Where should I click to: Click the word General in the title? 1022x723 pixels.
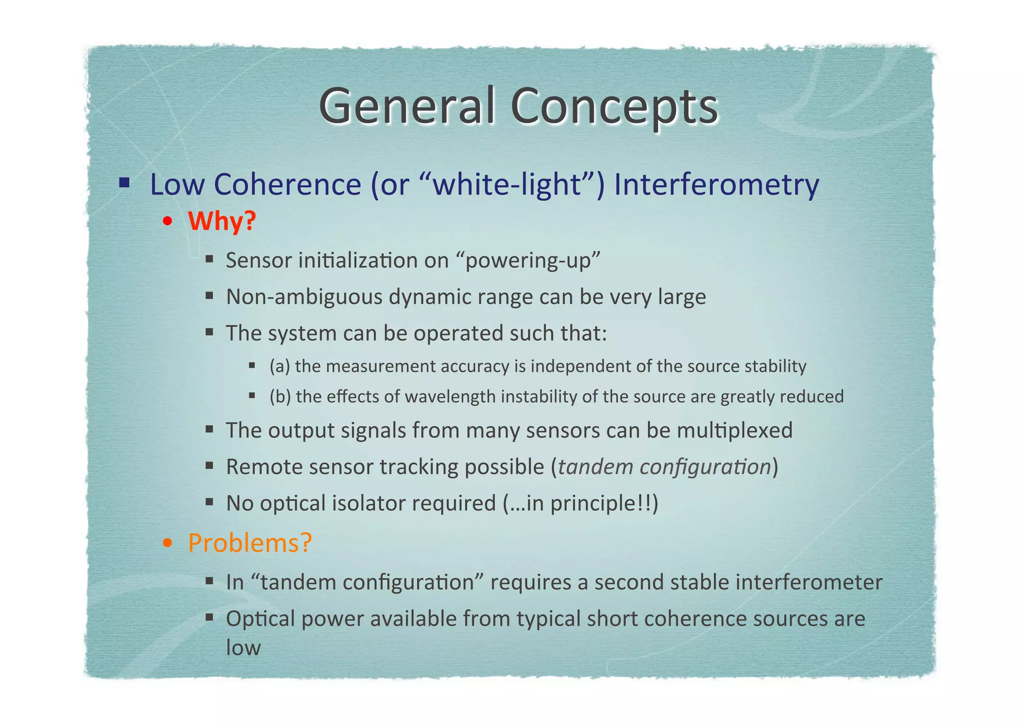[x=407, y=106]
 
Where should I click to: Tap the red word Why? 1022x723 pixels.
[x=222, y=221]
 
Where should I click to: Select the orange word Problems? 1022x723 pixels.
[x=250, y=542]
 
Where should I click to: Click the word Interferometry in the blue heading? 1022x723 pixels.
[x=716, y=184]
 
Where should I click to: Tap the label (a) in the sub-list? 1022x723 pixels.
[x=279, y=366]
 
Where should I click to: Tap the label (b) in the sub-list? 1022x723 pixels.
[x=280, y=396]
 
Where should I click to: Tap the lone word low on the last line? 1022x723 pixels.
[x=244, y=648]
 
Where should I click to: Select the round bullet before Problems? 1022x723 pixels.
[x=168, y=543]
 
